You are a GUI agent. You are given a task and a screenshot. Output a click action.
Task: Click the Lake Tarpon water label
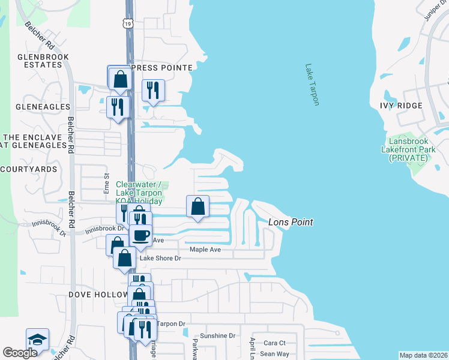(x=312, y=85)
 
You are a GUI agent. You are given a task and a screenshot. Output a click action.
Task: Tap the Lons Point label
(x=291, y=222)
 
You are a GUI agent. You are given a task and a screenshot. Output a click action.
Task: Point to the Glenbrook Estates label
(x=43, y=62)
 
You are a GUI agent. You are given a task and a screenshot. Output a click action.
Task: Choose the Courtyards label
(x=28, y=169)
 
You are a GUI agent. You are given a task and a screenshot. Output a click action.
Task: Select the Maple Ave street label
(x=206, y=249)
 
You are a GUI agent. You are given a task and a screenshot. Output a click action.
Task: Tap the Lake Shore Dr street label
(x=160, y=258)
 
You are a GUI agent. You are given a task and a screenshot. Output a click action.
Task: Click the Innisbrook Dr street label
(x=104, y=229)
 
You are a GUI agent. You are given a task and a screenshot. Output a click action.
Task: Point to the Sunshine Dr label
(x=219, y=335)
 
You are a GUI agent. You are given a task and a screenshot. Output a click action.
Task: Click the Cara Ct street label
(x=274, y=343)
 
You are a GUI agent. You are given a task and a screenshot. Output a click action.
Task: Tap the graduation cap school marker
(x=37, y=339)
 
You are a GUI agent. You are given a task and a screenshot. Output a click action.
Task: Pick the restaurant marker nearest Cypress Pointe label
(x=153, y=90)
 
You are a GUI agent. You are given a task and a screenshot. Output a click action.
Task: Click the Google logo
(x=20, y=353)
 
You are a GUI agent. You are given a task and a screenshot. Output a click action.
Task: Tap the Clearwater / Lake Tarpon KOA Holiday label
(x=139, y=193)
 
